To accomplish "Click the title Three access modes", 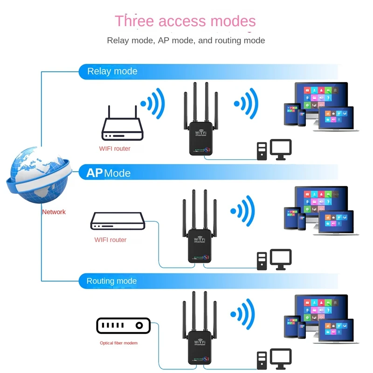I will pos(185,21).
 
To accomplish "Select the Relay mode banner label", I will pos(112,71).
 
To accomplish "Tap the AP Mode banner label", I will pos(109,173).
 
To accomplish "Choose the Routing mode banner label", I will pos(112,281).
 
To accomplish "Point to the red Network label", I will pos(54,212).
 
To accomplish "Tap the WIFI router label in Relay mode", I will pos(115,149).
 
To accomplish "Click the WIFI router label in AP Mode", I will pos(111,240).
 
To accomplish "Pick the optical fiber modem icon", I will pos(124,325).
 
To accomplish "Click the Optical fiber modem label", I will pos(119,343).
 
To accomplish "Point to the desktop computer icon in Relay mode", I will pos(274,150).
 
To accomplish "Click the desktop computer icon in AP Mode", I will pos(274,259).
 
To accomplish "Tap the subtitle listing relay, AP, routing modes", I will pos(186,41).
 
